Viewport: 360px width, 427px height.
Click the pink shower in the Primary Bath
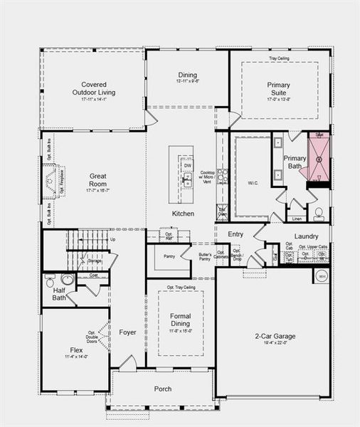pyautogui.click(x=319, y=158)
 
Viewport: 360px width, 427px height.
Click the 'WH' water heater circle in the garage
pyautogui.click(x=322, y=276)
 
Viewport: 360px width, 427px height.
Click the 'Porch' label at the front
pyautogui.click(x=163, y=389)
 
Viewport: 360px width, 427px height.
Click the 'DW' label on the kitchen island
pyautogui.click(x=187, y=165)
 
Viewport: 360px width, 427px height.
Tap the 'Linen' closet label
pyautogui.click(x=297, y=218)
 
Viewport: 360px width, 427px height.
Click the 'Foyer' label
pyautogui.click(x=127, y=332)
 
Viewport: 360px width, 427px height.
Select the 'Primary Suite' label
pyautogui.click(x=278, y=88)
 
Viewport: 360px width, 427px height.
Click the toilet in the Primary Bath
pyautogui.click(x=319, y=213)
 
